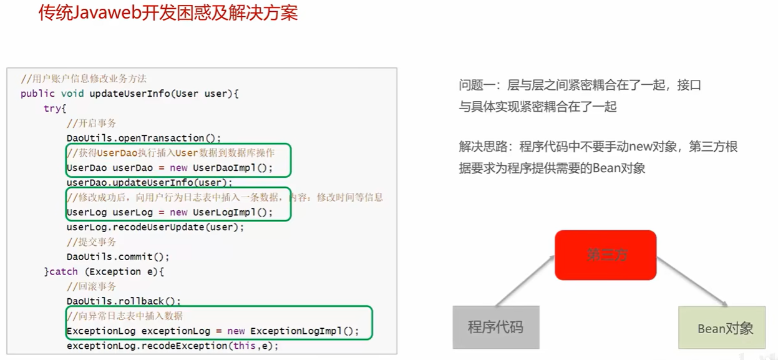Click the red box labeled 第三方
[x=605, y=255]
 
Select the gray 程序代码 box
[x=495, y=327]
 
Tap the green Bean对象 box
[x=722, y=328]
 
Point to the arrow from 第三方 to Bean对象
[x=691, y=281]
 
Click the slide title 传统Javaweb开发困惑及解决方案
[x=168, y=14]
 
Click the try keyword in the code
[x=52, y=109]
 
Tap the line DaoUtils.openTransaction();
[x=144, y=138]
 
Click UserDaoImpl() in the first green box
[x=233, y=168]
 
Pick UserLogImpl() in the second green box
[x=233, y=212]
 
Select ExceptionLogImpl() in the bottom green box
[x=304, y=331]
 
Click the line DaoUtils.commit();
[x=118, y=256]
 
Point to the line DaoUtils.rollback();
[x=124, y=301]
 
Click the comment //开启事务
[x=91, y=124]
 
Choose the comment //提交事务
[x=91, y=241]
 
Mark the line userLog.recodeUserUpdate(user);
[x=155, y=227]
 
